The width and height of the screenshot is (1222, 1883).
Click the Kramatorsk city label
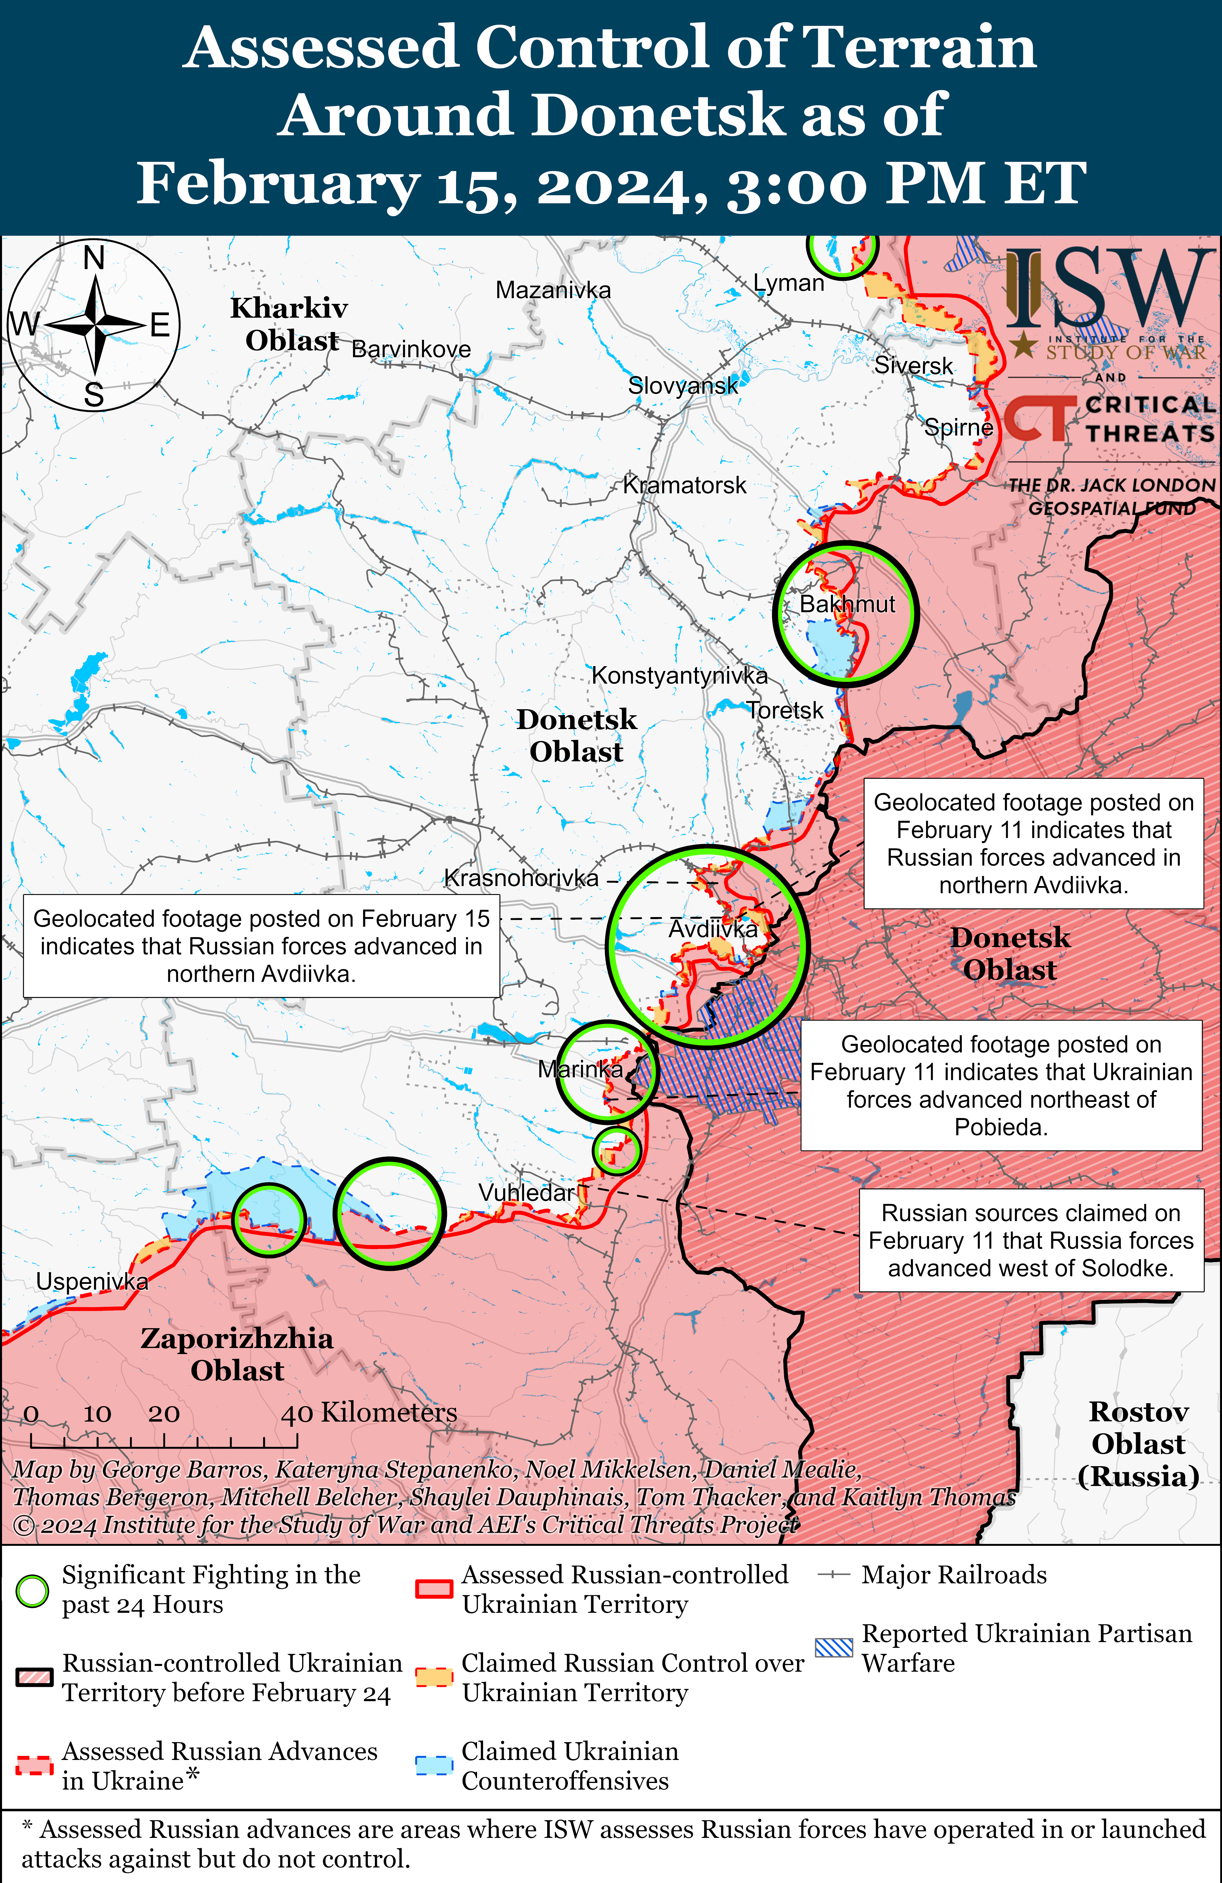coord(685,485)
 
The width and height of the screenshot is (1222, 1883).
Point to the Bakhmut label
coord(847,605)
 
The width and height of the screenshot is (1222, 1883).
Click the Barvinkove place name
coord(411,349)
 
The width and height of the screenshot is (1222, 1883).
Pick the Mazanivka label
coord(553,290)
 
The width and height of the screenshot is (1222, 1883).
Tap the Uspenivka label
coord(92,1281)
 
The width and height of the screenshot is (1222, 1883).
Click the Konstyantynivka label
coord(679,676)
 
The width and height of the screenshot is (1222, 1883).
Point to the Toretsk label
coord(785,710)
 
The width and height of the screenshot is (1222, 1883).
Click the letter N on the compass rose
coord(94,258)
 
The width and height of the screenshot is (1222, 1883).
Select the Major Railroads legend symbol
coord(833,1575)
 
